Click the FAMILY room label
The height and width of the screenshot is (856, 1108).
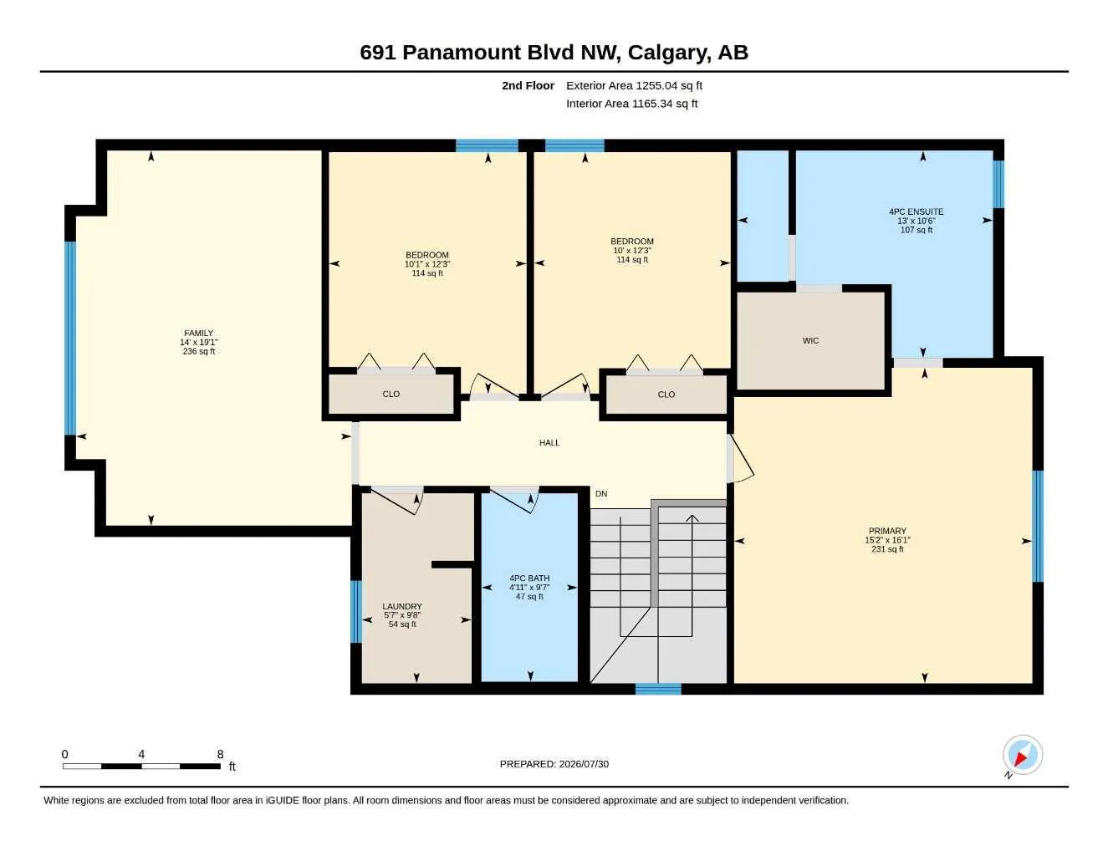click(x=198, y=334)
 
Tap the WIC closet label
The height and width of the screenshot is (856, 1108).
click(x=810, y=341)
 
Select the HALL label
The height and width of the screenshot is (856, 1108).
click(x=549, y=443)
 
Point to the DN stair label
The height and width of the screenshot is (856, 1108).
click(x=601, y=494)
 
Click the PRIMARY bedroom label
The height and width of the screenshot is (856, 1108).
click(x=887, y=531)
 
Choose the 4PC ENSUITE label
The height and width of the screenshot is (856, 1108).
click(x=917, y=212)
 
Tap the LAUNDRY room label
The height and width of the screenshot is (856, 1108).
click(x=401, y=606)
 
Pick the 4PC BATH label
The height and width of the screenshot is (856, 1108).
click(x=529, y=578)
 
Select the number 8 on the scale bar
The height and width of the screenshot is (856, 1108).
click(x=220, y=754)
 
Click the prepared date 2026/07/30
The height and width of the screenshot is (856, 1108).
click(x=584, y=764)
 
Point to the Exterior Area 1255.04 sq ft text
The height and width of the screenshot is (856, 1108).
click(x=634, y=85)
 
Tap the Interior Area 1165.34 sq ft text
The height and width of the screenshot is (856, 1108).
click(x=631, y=104)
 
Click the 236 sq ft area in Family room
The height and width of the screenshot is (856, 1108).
click(x=199, y=352)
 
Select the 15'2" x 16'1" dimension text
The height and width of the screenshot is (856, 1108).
click(x=887, y=540)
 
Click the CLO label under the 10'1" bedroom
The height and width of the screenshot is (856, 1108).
click(x=391, y=394)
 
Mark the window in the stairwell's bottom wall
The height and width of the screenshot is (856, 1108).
click(x=658, y=689)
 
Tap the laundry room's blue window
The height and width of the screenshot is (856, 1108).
click(x=356, y=611)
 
